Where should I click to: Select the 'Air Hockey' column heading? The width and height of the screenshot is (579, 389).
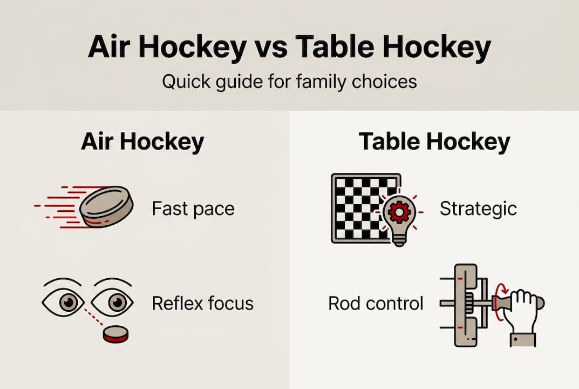click(x=142, y=142)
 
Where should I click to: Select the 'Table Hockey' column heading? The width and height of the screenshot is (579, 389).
click(x=434, y=142)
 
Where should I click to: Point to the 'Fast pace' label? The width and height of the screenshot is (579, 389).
click(x=193, y=209)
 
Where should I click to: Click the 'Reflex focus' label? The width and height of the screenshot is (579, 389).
click(x=202, y=303)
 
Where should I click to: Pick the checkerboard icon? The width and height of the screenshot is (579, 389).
click(x=359, y=208)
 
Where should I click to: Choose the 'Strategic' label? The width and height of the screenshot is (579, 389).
click(x=478, y=209)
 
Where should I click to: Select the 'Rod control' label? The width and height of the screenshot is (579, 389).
click(x=376, y=303)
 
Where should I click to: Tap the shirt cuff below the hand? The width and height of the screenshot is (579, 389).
click(x=523, y=339)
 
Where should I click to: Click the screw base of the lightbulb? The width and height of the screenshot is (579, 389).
click(x=399, y=239)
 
